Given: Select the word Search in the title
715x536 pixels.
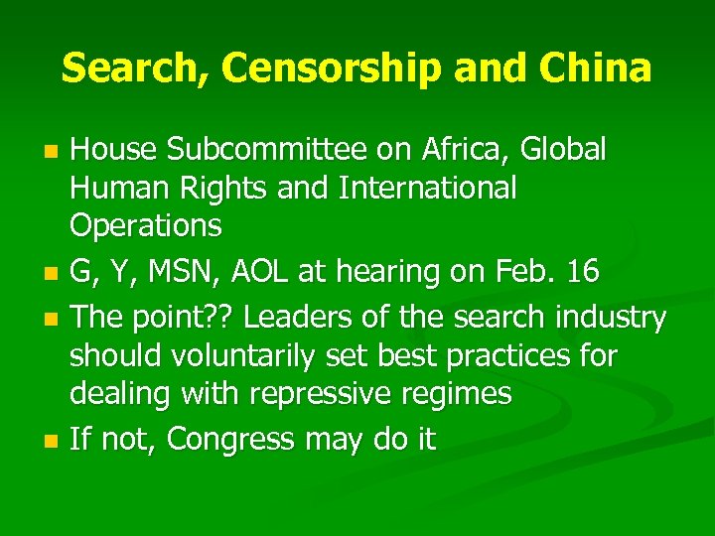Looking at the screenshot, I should [134, 67].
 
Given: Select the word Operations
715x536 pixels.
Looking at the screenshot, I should [146, 225].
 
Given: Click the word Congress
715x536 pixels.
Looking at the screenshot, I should [239, 439].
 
